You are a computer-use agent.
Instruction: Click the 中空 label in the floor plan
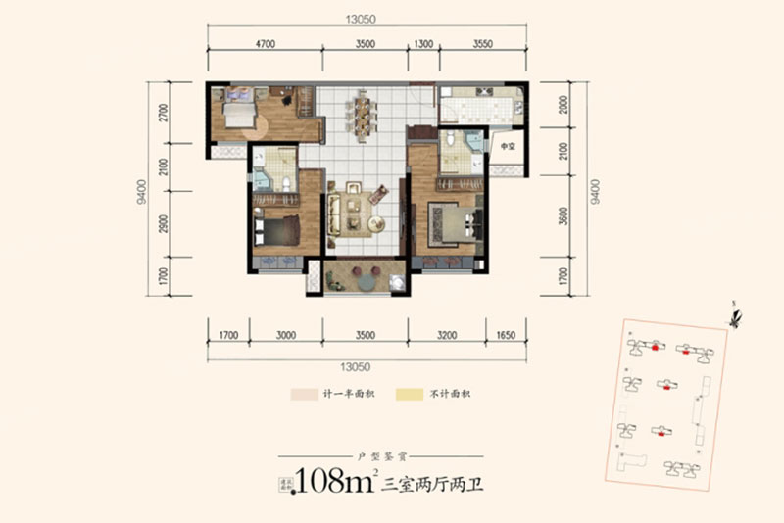507,147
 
